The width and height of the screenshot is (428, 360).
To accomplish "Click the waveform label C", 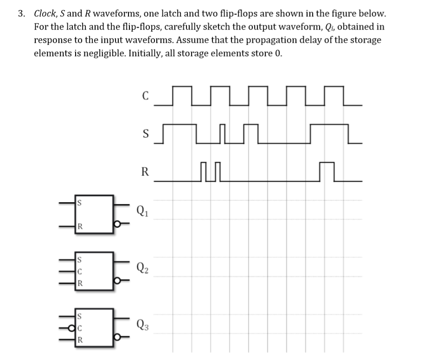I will point(145,96).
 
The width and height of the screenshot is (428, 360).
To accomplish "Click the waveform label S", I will point(145,135).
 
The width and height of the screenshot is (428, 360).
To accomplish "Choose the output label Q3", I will point(143,324).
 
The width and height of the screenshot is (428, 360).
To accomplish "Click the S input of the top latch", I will point(80,202).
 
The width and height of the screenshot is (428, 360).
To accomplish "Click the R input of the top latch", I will point(80,227).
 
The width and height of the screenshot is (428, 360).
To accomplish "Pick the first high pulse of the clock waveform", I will point(182,95).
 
